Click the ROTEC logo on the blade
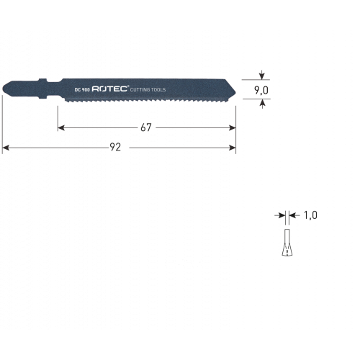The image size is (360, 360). click(109, 89)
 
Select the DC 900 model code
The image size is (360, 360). click(82, 90)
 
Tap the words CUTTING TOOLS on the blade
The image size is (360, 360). click(148, 90)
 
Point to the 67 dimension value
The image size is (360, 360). click(146, 127)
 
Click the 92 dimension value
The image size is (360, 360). click(115, 147)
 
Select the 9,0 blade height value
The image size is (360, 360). click(261, 91)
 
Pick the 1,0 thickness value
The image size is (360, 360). click(310, 215)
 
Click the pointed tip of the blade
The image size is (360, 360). click(235, 92)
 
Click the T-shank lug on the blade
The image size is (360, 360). click(42, 89)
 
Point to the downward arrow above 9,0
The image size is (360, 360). click(262, 75)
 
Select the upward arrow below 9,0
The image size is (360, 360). click(263, 104)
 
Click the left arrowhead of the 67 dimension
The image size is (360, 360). click(61, 128)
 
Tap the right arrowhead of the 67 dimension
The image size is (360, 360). click(233, 128)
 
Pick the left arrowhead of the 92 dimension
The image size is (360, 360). click(6, 148)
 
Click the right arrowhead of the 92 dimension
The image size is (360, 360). click(233, 148)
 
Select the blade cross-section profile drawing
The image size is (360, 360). click(287, 243)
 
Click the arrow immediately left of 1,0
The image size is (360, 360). click(294, 215)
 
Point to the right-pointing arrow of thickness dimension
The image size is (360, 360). click(280, 215)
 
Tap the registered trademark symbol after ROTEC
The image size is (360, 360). click(128, 86)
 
